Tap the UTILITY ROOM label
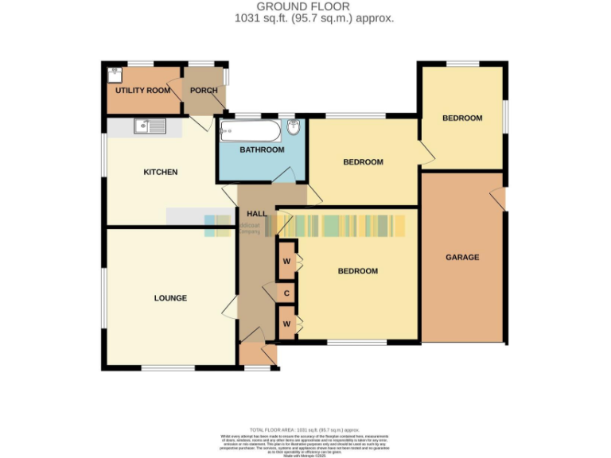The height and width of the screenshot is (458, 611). point(143,91)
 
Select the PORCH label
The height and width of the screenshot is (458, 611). point(204,91)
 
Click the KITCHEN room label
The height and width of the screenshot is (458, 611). point(160,173)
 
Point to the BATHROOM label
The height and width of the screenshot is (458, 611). point(262,149)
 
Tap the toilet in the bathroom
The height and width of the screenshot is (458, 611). point(294,129)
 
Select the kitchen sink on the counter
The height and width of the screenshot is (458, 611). point(149,126)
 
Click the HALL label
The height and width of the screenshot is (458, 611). point(256,214)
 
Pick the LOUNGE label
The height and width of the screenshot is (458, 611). point(170,298)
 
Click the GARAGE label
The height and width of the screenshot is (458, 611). point(461,258)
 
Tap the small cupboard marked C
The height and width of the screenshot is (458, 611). point(286,294)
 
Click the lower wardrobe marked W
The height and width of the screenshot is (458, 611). point(286,324)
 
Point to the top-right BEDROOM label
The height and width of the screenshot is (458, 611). point(462,118)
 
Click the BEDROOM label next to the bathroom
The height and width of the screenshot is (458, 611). point(363,162)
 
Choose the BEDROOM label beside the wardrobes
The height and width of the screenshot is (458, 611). point(357,271)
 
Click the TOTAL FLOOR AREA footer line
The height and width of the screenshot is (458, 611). point(305,429)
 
